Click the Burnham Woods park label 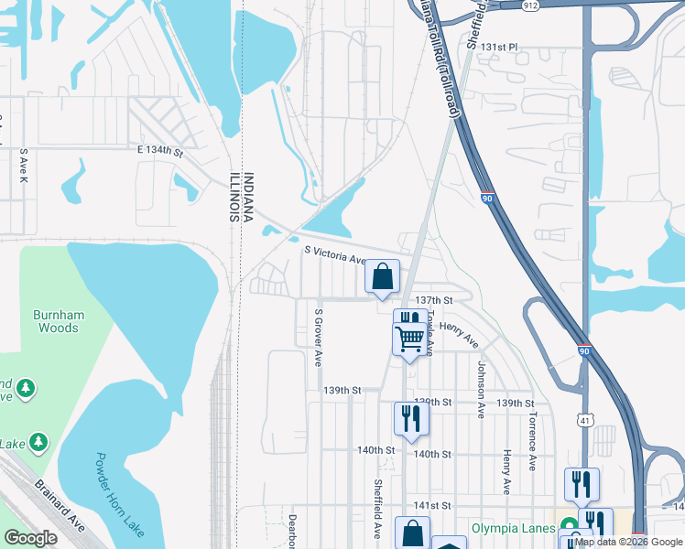point(59,321)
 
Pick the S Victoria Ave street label point(334,253)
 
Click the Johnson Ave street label point(480,388)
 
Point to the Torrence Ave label point(531,440)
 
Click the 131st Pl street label point(499,46)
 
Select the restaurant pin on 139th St point(410,418)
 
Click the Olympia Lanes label point(513,528)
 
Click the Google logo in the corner point(31,538)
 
